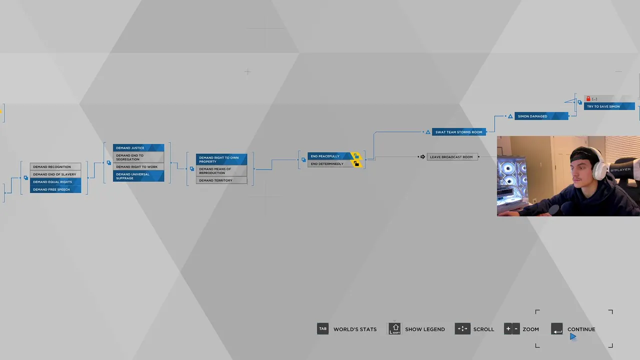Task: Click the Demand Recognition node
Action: pos(55,166)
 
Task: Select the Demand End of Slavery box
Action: pos(55,174)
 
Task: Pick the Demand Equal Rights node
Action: pos(55,182)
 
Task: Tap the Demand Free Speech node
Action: pos(55,189)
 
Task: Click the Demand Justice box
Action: pos(138,148)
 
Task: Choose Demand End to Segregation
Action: pos(138,157)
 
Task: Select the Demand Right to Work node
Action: pos(138,167)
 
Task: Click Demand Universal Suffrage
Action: pos(138,176)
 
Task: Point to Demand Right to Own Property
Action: pos(221,159)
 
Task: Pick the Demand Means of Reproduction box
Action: pos(221,171)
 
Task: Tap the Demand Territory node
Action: pos(221,180)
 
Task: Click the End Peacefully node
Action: pos(330,156)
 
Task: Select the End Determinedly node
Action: pos(330,164)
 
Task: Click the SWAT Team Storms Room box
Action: pos(458,132)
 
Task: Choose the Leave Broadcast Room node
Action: pos(452,157)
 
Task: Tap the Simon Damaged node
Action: pos(541,116)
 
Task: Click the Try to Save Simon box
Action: pos(609,106)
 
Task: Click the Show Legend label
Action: pos(424,329)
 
